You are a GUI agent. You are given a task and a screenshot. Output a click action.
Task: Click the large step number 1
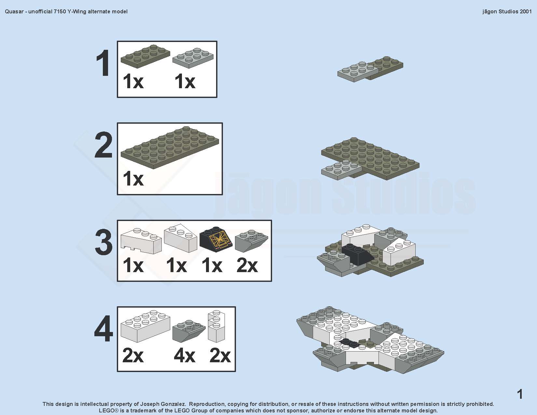pos(103,63)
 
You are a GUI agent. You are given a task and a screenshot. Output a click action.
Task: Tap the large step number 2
pos(103,145)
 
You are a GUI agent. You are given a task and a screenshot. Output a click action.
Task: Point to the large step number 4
pos(103,328)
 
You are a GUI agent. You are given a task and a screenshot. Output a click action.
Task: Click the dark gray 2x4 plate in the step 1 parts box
pos(145,56)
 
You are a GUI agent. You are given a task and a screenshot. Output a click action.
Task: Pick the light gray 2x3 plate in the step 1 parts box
pos(193,58)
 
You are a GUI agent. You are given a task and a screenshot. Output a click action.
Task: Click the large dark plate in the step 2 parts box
pos(170,147)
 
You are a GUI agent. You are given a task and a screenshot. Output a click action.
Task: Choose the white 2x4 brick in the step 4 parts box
pos(145,326)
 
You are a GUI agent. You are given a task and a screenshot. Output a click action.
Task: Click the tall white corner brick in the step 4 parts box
pos(216,326)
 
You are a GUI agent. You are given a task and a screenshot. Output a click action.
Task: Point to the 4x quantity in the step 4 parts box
pos(185,356)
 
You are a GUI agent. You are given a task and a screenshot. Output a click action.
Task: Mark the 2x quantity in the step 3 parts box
pos(247,266)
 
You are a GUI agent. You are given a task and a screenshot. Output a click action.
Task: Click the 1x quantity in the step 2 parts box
pos(133,179)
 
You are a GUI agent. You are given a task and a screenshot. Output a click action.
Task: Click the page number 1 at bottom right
pos(520,394)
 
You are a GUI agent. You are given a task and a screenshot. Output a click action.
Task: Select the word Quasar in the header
pos(14,11)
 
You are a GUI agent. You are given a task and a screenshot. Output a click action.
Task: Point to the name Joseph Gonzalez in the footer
pos(163,404)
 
